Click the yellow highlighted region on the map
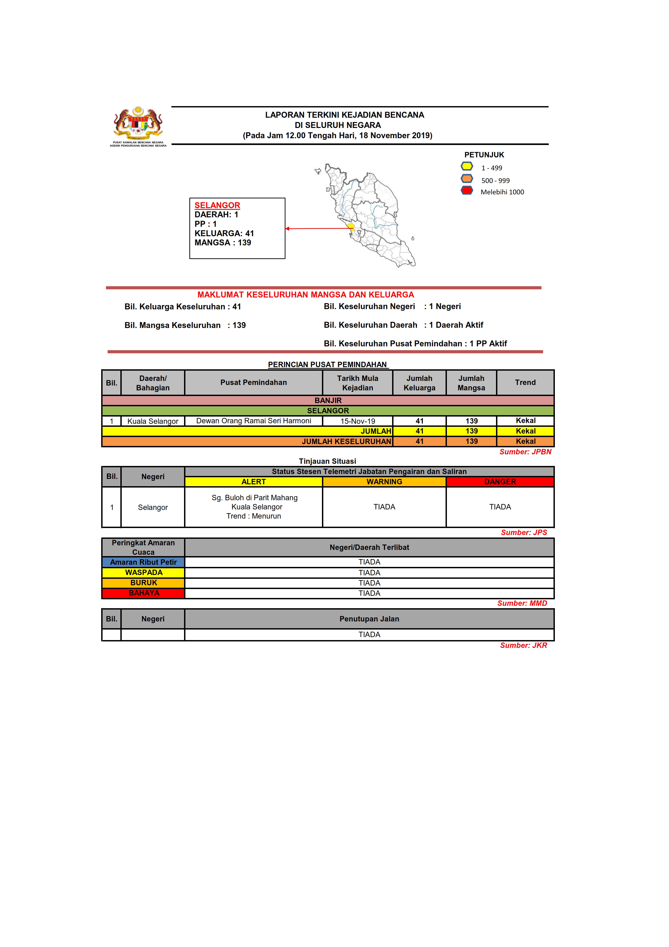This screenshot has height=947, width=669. coord(351,226)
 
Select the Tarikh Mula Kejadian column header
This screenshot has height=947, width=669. coord(357,383)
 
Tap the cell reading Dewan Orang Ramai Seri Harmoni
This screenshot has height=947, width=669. coord(253,421)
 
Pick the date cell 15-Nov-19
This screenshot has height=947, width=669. coord(357,421)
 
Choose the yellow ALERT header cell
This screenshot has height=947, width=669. coord(253,482)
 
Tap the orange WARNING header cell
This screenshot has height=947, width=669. coord(384,482)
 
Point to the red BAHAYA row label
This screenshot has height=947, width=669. coord(144,593)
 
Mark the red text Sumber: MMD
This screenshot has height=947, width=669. coord(522,603)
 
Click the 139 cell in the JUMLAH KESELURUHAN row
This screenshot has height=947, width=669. coord(471,441)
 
